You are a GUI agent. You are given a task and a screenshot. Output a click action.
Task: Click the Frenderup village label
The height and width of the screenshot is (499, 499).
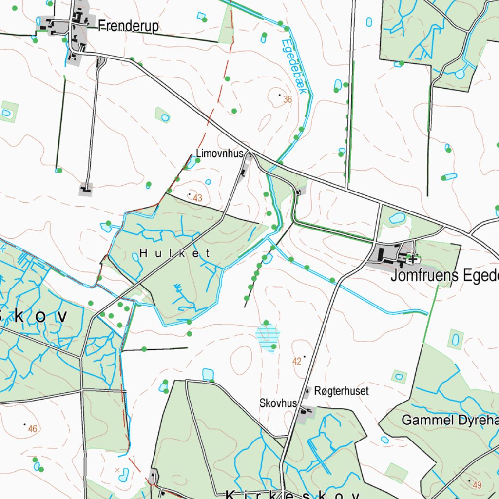[128, 26]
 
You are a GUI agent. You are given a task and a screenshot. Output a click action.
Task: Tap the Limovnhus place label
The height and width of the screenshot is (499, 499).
[219, 154]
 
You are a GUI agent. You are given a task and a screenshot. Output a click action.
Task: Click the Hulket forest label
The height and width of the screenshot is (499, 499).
[175, 253]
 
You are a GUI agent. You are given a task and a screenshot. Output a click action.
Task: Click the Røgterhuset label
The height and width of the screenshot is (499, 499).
[342, 391]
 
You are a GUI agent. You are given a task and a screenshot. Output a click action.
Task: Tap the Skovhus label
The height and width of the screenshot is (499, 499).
[278, 403]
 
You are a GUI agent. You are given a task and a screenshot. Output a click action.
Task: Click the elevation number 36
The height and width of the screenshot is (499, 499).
[287, 99]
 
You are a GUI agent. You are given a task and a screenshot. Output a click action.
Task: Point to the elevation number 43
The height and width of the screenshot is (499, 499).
[197, 198]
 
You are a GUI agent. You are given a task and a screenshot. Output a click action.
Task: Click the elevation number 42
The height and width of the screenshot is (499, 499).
[297, 361]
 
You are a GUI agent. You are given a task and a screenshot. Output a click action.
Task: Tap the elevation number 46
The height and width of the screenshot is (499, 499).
[32, 429]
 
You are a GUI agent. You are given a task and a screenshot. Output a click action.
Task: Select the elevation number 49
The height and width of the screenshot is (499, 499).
[477, 485]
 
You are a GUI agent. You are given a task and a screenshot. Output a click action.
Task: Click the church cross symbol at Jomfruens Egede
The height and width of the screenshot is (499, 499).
[413, 259]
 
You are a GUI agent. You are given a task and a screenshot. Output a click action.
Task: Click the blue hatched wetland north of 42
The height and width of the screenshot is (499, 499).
[268, 337]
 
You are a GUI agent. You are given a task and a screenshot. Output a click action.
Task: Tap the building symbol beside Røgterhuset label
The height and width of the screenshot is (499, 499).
[307, 391]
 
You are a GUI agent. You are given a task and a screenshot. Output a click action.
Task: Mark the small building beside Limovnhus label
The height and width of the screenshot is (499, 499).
[250, 155]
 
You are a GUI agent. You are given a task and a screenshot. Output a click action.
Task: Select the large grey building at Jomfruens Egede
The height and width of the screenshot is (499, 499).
[385, 254]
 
